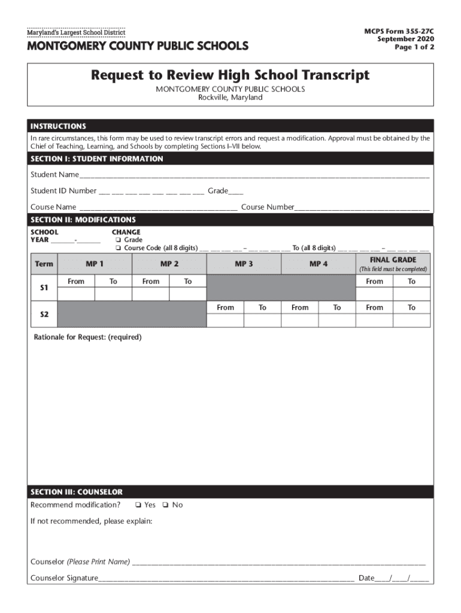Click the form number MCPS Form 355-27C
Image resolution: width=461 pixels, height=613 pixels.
pyautogui.click(x=399, y=30)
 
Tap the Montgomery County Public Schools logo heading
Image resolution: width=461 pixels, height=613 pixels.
pyautogui.click(x=137, y=45)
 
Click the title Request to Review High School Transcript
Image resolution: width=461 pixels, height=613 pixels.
pyautogui.click(x=230, y=75)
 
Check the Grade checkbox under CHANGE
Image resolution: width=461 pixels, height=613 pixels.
pyautogui.click(x=119, y=240)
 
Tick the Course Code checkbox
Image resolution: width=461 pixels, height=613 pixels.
pyautogui.click(x=119, y=248)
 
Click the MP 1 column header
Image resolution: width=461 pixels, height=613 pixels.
pyautogui.click(x=95, y=264)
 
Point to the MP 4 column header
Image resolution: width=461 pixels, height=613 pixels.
pyautogui.click(x=319, y=264)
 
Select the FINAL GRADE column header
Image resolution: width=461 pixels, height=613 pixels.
pyautogui.click(x=393, y=260)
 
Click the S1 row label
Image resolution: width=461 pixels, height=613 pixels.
pyautogui.click(x=44, y=288)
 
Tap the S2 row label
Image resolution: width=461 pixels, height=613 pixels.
pyautogui.click(x=44, y=314)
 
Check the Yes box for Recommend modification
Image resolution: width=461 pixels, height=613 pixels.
pyautogui.click(x=138, y=505)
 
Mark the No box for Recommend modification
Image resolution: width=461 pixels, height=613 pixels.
pyautogui.click(x=166, y=505)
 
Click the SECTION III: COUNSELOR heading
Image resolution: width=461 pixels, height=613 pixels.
pyautogui.click(x=77, y=492)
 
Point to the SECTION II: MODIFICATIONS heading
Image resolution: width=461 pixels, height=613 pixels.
pyautogui.click(x=83, y=220)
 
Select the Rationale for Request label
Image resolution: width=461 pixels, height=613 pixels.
pyautogui.click(x=87, y=338)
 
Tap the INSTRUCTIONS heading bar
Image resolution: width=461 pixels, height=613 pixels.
pyautogui.click(x=59, y=126)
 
